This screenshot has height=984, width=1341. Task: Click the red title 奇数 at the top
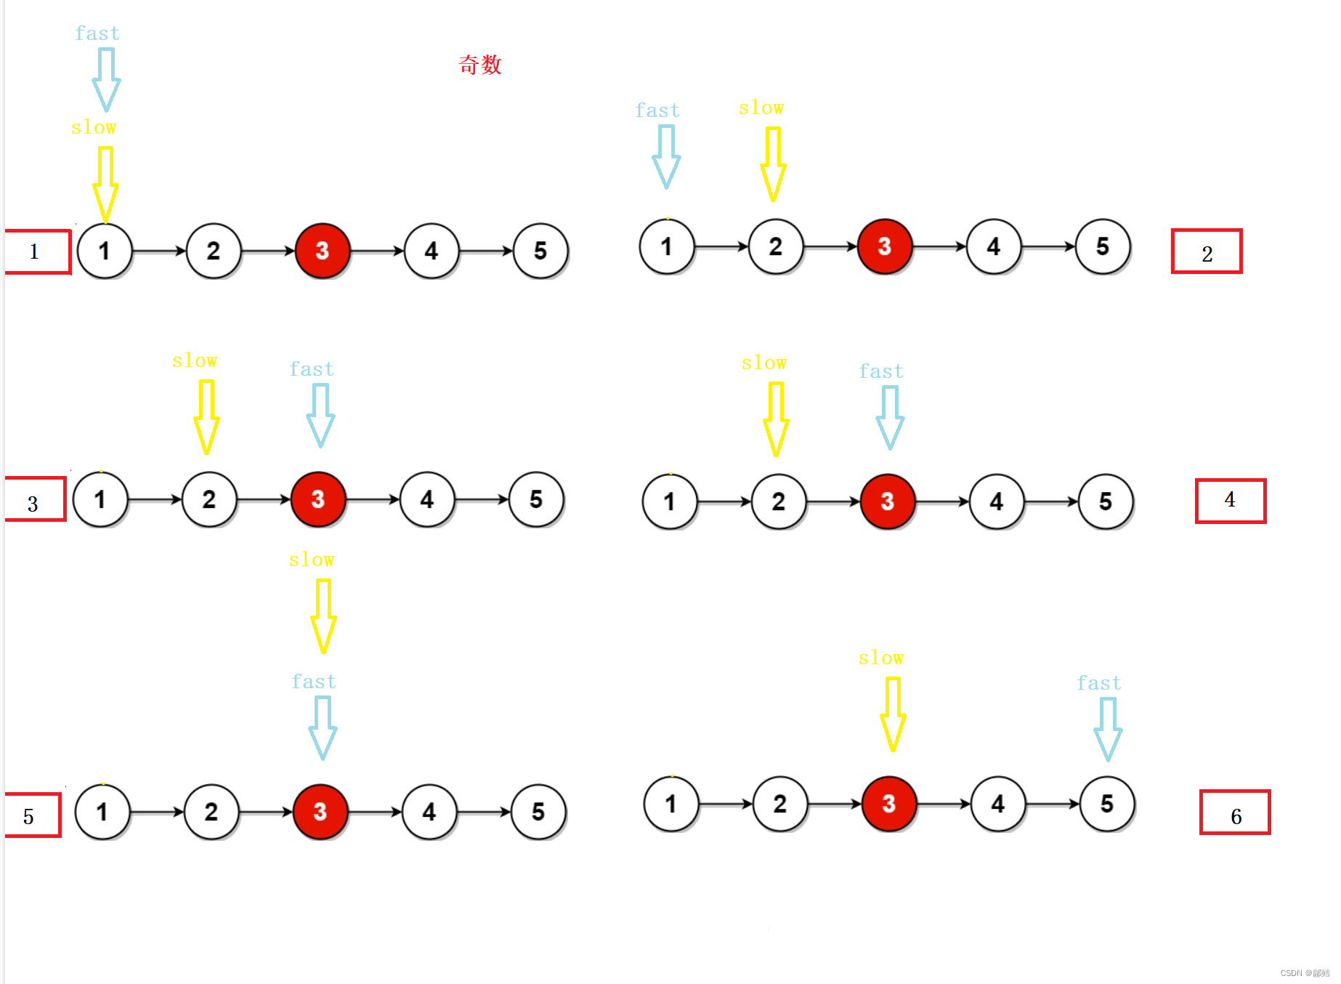[480, 65]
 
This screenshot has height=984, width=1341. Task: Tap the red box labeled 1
[37, 251]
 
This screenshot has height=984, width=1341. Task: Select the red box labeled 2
[1206, 251]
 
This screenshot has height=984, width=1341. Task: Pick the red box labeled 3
[35, 500]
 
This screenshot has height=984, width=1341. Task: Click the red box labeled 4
[1230, 501]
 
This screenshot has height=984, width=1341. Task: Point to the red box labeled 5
[32, 815]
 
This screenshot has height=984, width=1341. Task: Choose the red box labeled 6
[1234, 812]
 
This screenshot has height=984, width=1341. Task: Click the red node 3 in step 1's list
[323, 251]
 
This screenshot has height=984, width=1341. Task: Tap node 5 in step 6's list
[1106, 804]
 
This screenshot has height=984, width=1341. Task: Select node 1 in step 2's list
[666, 247]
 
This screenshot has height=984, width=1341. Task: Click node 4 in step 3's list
[427, 500]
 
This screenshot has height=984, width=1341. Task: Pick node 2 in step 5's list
[211, 812]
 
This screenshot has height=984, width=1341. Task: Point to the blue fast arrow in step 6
[1108, 728]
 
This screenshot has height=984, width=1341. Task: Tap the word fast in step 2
[657, 110]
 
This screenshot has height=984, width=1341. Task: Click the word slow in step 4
[764, 363]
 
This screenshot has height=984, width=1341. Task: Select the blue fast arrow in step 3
[320, 414]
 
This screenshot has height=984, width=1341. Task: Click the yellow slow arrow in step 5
[323, 615]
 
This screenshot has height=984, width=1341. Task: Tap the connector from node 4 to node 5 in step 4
[1051, 501]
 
